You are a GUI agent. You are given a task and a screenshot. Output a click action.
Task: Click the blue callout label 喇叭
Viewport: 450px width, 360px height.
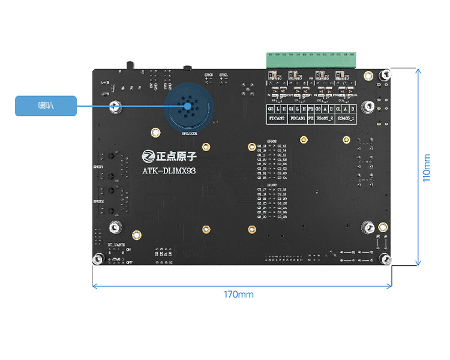[x=46, y=106]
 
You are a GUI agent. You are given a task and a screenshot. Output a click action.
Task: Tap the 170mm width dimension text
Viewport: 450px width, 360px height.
[x=238, y=295]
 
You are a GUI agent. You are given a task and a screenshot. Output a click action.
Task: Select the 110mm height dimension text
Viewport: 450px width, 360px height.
[x=427, y=168]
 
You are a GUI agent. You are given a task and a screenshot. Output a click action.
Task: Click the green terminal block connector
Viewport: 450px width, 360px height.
[x=311, y=61]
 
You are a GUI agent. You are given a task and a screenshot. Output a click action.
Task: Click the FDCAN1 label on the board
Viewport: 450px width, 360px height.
[x=298, y=119]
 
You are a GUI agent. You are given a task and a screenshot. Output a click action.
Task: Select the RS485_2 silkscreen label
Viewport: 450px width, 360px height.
[x=324, y=119]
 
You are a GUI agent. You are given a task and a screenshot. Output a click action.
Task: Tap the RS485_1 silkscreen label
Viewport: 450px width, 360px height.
[x=346, y=119]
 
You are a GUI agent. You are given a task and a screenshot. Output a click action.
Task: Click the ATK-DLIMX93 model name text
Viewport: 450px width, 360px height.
[x=169, y=170]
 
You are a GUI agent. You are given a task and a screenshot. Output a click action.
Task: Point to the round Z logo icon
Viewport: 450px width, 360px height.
[x=148, y=156]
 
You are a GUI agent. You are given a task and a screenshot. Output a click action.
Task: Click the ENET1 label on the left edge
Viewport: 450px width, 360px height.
[x=98, y=166]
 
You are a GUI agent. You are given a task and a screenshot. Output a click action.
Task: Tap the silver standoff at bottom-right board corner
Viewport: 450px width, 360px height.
[x=386, y=259]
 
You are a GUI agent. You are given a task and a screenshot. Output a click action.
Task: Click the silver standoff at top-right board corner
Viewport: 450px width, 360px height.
[x=386, y=75]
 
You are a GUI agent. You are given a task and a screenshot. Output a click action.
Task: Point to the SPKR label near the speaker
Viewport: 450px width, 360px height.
[x=209, y=74]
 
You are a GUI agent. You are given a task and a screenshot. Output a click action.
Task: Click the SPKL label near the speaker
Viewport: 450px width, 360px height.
[x=223, y=74]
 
